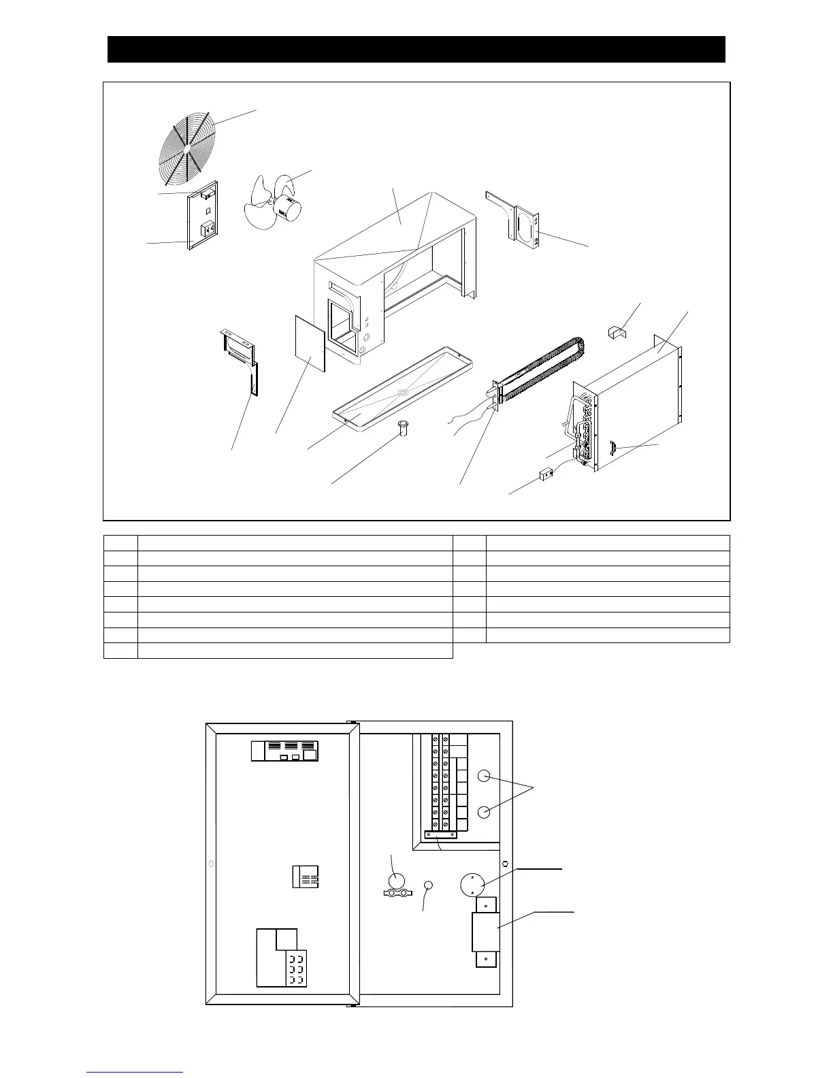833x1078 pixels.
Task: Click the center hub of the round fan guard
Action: click(186, 147)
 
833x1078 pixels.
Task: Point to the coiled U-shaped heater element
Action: click(544, 367)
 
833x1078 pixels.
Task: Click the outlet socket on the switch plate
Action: click(205, 229)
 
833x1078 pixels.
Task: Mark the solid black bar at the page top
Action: click(416, 50)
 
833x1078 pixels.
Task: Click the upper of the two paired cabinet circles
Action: click(484, 776)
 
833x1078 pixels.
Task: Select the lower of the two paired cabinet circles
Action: click(484, 812)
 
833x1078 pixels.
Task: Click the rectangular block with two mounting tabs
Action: click(485, 932)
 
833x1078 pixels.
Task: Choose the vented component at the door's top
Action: click(284, 751)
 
